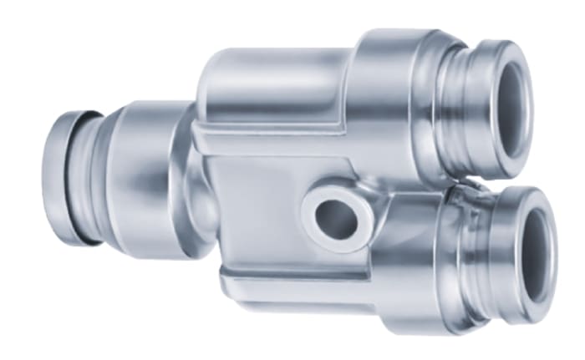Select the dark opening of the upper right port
point(511,109)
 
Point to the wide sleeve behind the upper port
point(393,92)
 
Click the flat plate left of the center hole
point(251,209)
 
